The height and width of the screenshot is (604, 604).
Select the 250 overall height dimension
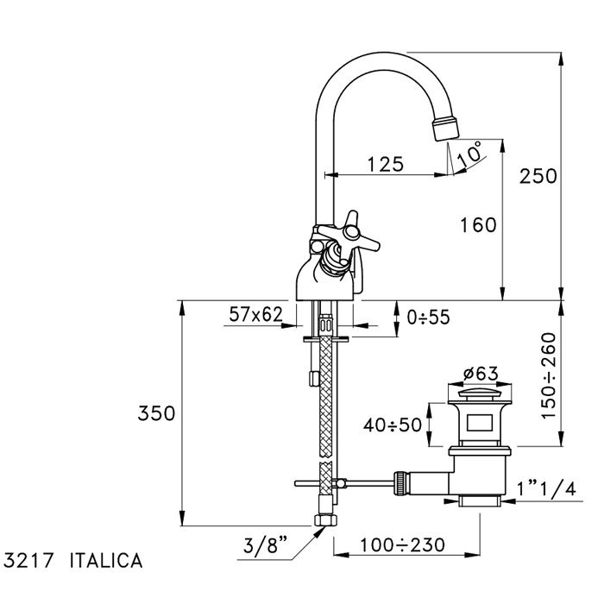538,175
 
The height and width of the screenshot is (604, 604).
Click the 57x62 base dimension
256,315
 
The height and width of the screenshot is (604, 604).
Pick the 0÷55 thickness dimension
428,317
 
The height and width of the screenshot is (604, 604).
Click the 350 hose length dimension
156,413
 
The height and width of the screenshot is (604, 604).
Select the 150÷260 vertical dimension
551,377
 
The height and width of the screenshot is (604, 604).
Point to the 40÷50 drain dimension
393,425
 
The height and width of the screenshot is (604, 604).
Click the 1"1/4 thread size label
546,488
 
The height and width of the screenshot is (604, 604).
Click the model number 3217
29,560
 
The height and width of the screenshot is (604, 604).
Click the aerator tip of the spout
445,129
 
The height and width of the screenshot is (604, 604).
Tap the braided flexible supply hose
325,397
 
